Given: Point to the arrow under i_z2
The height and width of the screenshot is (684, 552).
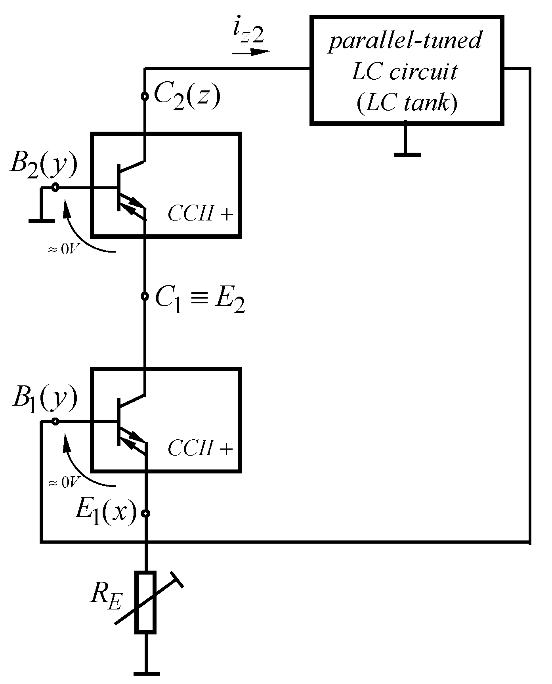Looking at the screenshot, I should (251, 52).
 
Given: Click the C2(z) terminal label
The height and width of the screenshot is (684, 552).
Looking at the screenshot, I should (186, 96).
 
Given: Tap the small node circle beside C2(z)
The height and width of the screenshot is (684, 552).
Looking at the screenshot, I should (145, 96).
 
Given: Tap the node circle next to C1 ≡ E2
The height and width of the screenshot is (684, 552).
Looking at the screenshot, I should (145, 296).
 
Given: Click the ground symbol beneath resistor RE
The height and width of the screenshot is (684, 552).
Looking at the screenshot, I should (146, 673).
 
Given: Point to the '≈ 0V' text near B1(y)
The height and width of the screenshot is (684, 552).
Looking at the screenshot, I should (64, 483).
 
